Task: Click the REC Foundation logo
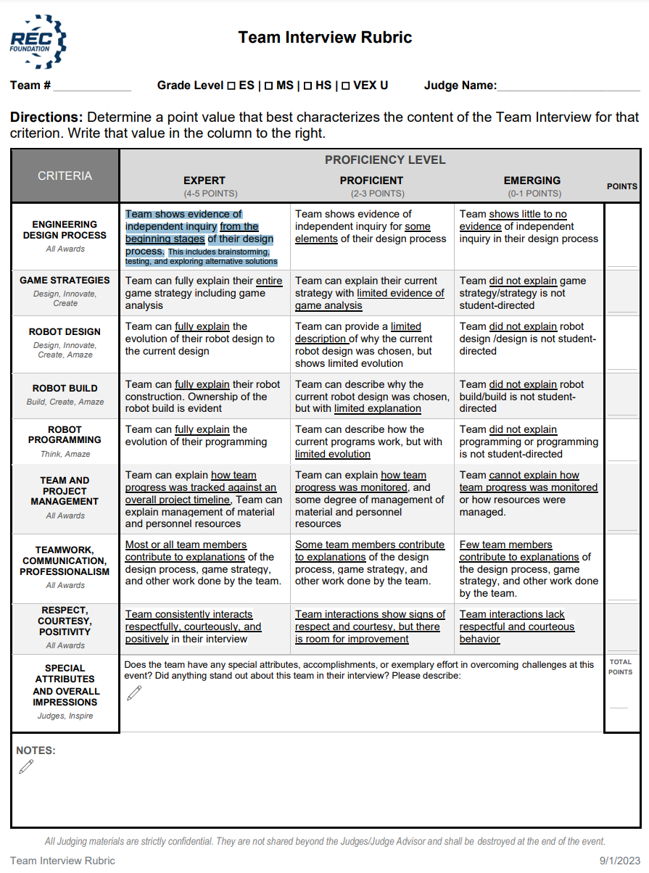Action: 38,41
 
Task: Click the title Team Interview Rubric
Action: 325,37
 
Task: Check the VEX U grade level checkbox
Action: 346,86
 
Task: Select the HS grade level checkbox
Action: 307,86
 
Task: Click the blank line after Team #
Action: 92,87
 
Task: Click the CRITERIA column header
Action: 65,176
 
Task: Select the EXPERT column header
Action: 204,181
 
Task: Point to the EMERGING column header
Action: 532,181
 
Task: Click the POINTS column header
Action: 621,186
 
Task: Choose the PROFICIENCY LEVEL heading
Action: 385,160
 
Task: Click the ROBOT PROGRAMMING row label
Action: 65,435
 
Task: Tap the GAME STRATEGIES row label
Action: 65,281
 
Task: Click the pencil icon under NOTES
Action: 26,766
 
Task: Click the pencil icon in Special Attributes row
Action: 134,693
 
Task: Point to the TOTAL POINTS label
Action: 621,667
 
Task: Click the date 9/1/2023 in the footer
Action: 619,861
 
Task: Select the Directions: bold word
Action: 46,117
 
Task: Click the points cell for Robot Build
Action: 621,396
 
